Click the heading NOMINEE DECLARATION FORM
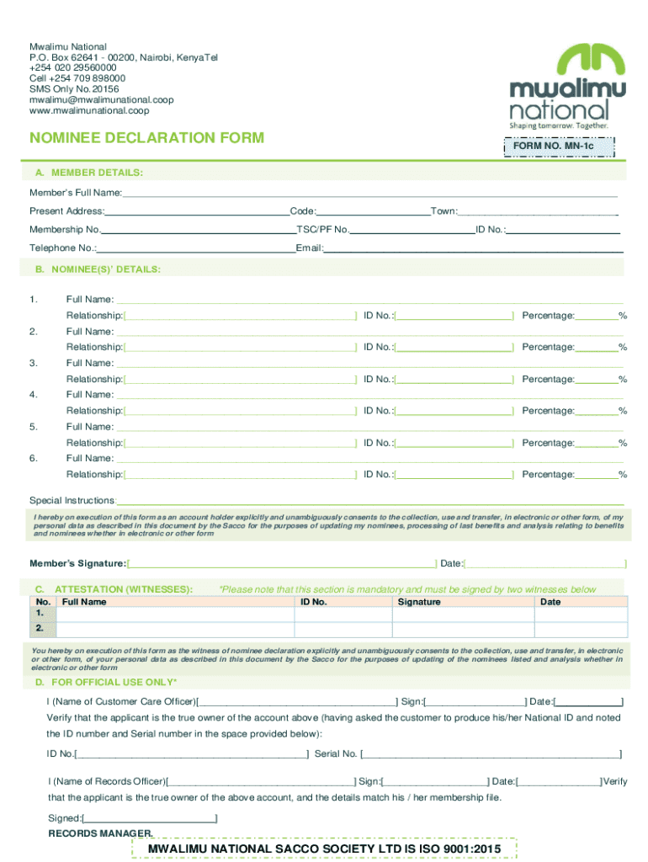(146, 137)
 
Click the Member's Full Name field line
(370, 194)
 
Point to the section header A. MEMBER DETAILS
(88, 173)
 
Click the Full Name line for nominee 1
(370, 300)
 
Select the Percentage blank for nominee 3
(598, 379)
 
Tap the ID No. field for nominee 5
(454, 443)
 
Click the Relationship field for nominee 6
(240, 475)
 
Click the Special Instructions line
(370, 500)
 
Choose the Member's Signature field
(282, 562)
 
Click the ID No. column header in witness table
(313, 602)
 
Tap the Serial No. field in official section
(492, 753)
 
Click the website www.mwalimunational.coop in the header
(89, 110)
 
